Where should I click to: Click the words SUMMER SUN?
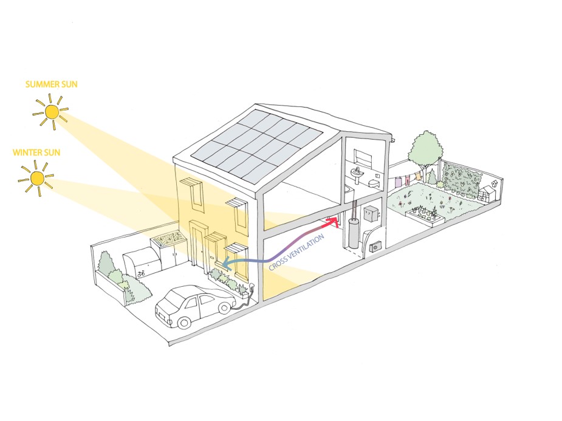[52, 84]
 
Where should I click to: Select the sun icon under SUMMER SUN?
[52, 112]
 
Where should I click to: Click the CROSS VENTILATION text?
[297, 250]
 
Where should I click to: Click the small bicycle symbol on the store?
[141, 274]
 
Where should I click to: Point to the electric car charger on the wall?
[249, 287]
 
